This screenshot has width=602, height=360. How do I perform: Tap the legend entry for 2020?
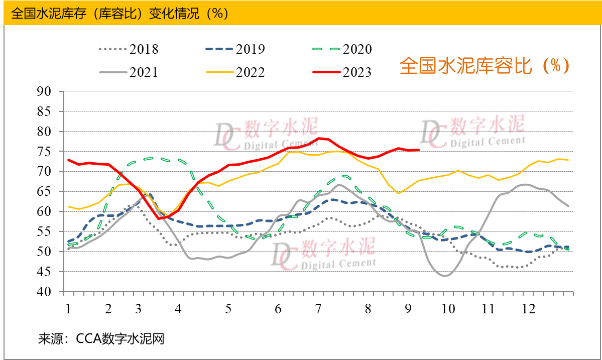point(342,49)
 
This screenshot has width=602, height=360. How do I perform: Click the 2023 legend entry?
point(342,72)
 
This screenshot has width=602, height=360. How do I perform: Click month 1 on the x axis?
point(68,308)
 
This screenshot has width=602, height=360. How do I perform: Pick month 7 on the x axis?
point(318,308)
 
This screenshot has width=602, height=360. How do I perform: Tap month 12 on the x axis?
point(528,308)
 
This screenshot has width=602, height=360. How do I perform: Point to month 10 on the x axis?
point(448,308)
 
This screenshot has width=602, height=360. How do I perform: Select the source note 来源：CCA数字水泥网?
point(101,339)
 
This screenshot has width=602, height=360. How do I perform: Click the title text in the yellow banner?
point(121,14)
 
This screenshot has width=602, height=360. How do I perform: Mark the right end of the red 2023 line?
point(419,150)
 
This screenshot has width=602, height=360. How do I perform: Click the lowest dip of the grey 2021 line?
point(446,276)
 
